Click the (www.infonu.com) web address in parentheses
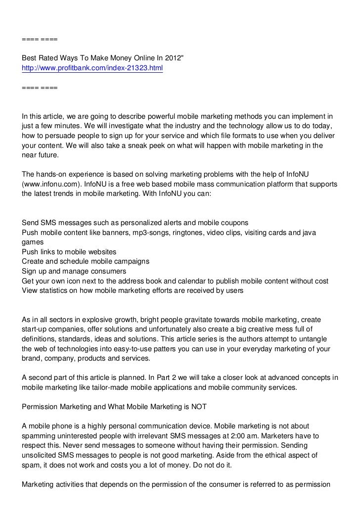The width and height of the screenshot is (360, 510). (x=51, y=184)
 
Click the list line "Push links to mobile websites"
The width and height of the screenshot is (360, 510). (x=69, y=252)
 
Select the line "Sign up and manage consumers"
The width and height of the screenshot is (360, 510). (x=74, y=271)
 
